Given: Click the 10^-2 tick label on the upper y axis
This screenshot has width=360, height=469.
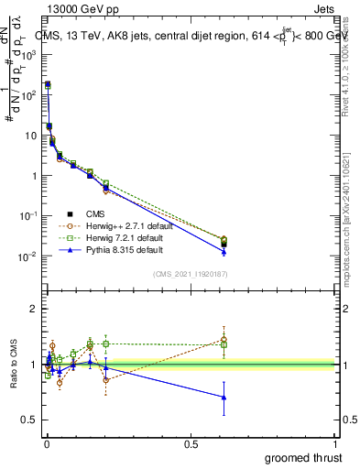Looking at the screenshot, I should tap(27, 256).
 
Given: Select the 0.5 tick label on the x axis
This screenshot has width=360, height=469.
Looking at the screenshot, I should tap(191, 444).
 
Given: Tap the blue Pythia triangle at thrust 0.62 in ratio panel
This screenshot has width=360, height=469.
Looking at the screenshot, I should tap(224, 397).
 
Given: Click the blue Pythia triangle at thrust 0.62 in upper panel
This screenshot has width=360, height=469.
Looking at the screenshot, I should tap(224, 251).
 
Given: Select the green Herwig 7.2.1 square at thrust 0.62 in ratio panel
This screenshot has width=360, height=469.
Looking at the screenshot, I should tap(224, 344).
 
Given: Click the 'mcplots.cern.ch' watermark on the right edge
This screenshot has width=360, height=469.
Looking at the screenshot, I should tap(351, 229).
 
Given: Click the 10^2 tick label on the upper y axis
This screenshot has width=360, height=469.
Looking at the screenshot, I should tap(27, 95).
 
